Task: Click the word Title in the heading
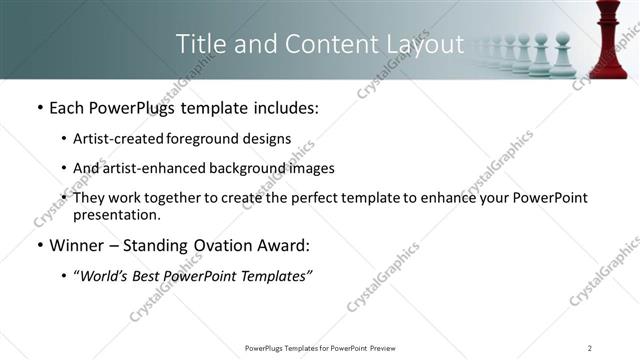[198, 45]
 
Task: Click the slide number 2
[590, 347]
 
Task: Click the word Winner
[80, 245]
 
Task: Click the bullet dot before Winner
[39, 245]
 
